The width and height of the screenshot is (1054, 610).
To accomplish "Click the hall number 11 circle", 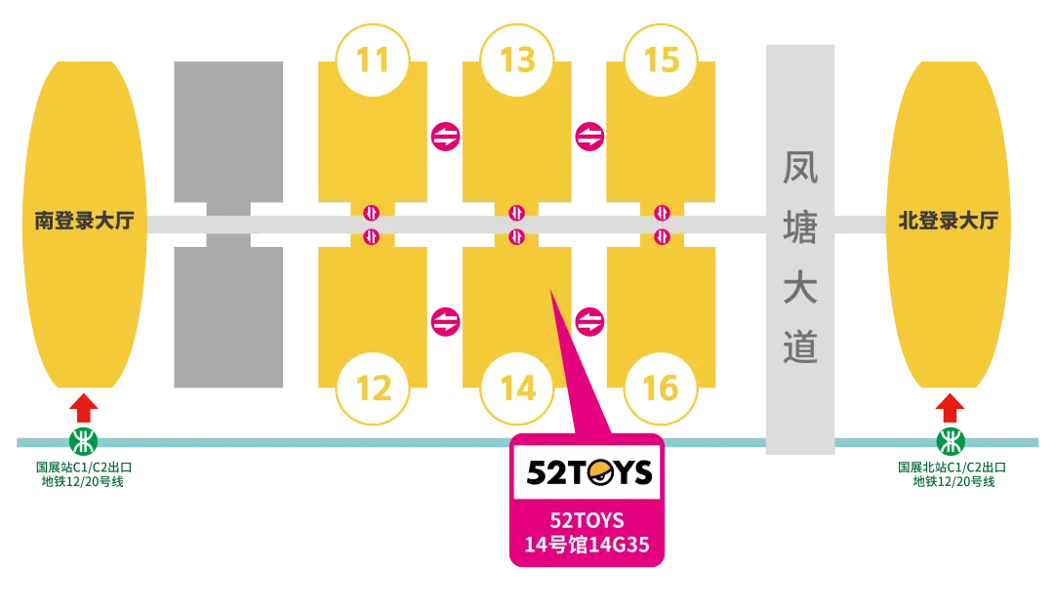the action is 372,60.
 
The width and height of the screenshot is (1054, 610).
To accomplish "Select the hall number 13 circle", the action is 517,60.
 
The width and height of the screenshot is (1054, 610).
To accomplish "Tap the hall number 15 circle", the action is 662,60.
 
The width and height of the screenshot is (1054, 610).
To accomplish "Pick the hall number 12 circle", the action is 372,388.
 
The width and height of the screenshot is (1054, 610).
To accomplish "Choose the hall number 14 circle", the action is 517,388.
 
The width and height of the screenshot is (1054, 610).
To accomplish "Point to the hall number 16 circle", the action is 662,388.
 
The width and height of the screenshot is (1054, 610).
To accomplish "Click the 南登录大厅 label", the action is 84,222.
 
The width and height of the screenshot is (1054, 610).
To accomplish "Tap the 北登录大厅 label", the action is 948,222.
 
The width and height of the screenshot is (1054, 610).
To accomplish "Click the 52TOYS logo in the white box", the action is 588,472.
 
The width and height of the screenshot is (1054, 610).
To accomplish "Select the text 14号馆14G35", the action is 587,545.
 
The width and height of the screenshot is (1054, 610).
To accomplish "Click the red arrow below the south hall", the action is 85,407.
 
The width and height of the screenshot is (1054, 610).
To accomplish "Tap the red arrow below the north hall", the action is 949,407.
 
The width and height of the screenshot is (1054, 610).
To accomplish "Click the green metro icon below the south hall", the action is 84,441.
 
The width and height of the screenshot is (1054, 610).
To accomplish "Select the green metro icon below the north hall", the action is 949,441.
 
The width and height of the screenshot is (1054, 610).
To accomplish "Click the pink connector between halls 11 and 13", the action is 445,138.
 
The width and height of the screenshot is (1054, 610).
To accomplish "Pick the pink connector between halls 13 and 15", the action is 589,138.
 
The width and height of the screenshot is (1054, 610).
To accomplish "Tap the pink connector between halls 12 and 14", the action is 445,321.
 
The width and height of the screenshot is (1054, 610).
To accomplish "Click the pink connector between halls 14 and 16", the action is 589,321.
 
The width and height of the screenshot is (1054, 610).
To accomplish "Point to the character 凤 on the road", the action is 800,168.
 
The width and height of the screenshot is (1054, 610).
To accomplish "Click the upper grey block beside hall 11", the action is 230,128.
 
